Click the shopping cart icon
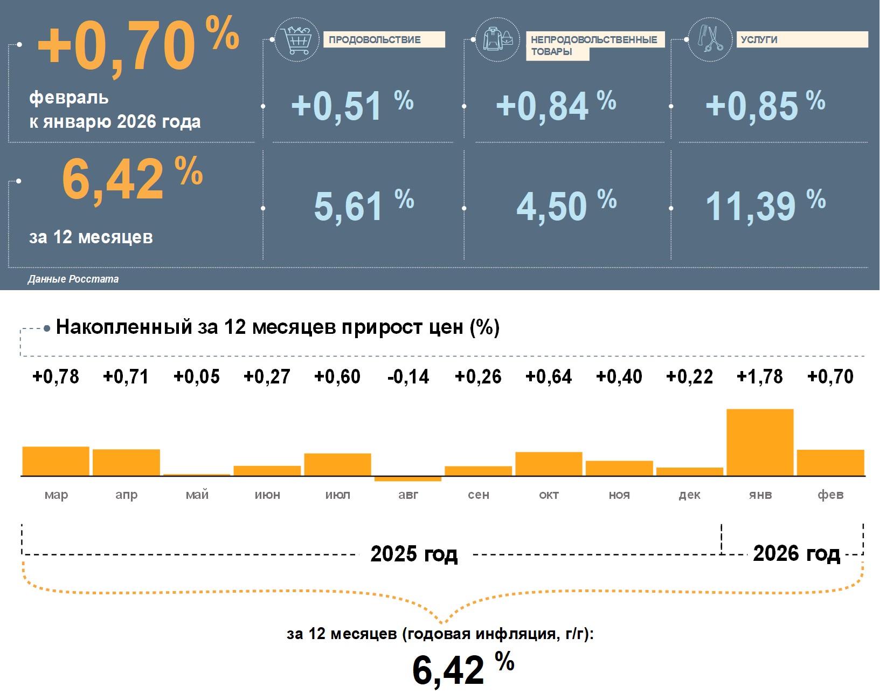pos(297,39)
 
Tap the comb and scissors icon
pos(710,39)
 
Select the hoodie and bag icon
pos(497,39)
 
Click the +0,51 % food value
pos(351,105)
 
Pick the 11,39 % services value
pos(765,205)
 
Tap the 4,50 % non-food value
pos(566,205)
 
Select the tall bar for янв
pos(760,442)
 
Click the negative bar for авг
pos(408,479)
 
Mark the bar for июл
pos(337,464)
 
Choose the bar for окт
pos(549,464)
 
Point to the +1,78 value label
pos(760,376)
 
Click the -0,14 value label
pos(408,376)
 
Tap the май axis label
pos(197,495)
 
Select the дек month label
pos(689,495)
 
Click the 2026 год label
pos(796,553)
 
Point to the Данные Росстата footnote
pos(73,279)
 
